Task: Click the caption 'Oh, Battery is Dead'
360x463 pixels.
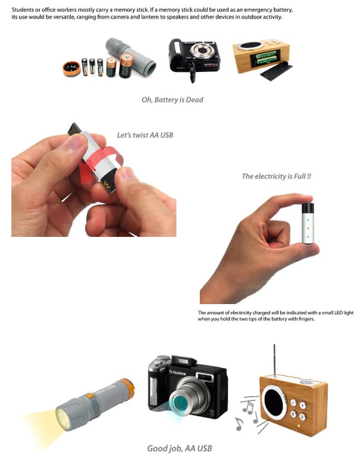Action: (x=172, y=99)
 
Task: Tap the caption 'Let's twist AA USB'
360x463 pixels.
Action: (x=145, y=135)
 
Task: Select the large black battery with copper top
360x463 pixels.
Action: (x=126, y=65)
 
